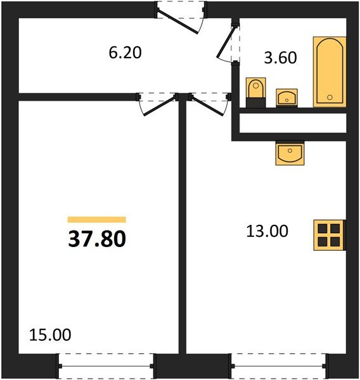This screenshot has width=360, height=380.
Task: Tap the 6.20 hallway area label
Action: (124, 53)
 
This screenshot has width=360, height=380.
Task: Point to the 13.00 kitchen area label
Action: (267, 231)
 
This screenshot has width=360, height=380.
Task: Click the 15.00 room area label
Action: (50, 334)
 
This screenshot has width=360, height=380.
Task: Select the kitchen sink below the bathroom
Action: (290, 153)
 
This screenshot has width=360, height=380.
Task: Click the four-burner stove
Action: (328, 235)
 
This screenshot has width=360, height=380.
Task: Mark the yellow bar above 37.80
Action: (96, 220)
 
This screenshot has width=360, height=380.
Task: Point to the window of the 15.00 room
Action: (106, 367)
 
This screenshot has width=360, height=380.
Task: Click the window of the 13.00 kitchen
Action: (279, 367)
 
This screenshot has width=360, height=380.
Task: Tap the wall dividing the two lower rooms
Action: (183, 228)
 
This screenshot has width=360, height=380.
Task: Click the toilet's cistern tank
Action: (255, 84)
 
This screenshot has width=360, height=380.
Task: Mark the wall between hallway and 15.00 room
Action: (76, 97)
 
